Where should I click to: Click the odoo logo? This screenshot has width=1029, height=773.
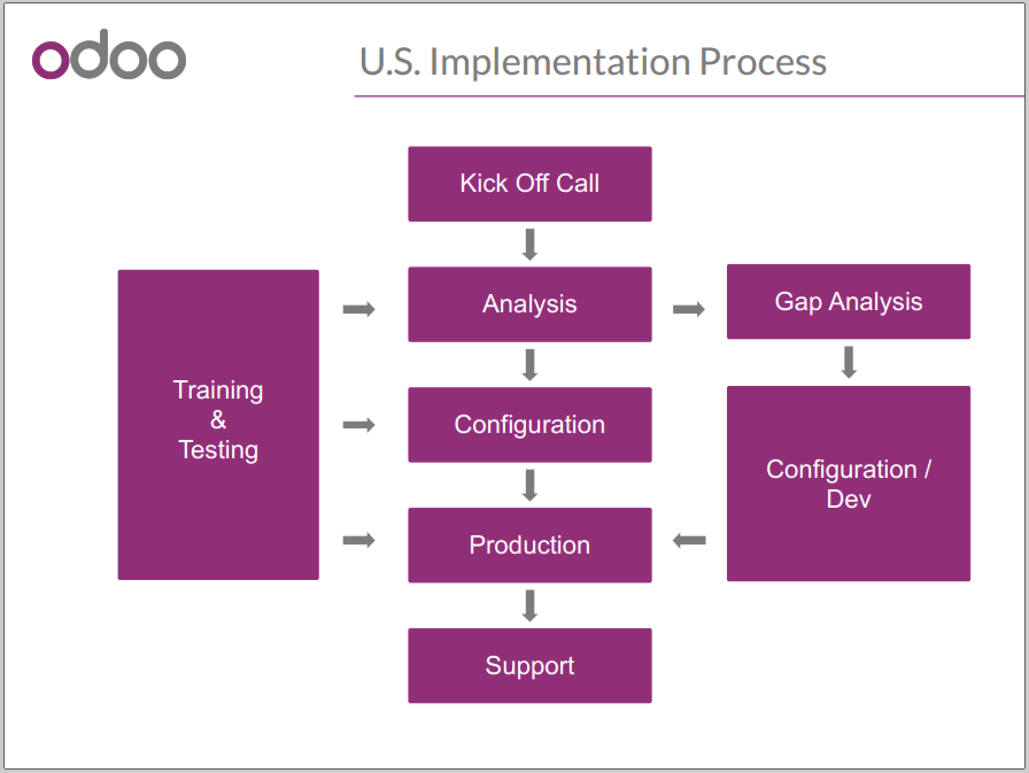109,56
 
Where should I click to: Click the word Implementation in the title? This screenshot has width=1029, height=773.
560,62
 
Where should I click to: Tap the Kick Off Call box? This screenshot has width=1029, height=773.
529,184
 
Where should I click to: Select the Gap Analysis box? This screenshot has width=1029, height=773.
848,302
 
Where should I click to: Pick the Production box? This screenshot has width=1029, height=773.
529,545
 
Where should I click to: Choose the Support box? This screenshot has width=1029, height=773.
529,666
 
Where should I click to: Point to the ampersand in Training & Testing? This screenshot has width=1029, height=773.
218,420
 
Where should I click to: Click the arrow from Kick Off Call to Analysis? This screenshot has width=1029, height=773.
530,245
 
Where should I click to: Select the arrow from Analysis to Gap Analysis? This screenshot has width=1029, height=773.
688,310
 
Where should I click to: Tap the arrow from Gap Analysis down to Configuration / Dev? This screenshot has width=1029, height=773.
849,362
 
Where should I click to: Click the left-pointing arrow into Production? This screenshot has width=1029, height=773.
689,540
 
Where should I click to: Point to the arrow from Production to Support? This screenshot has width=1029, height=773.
530,606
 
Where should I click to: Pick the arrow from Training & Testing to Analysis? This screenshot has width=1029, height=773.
359,310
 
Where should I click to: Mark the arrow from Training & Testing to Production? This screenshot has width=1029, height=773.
359,540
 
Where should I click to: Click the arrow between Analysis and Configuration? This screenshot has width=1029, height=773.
530,365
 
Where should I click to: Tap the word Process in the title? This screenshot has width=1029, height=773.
763,62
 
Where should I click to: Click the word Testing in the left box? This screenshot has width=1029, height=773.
218,450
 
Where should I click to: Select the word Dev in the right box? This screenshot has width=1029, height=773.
848,498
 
